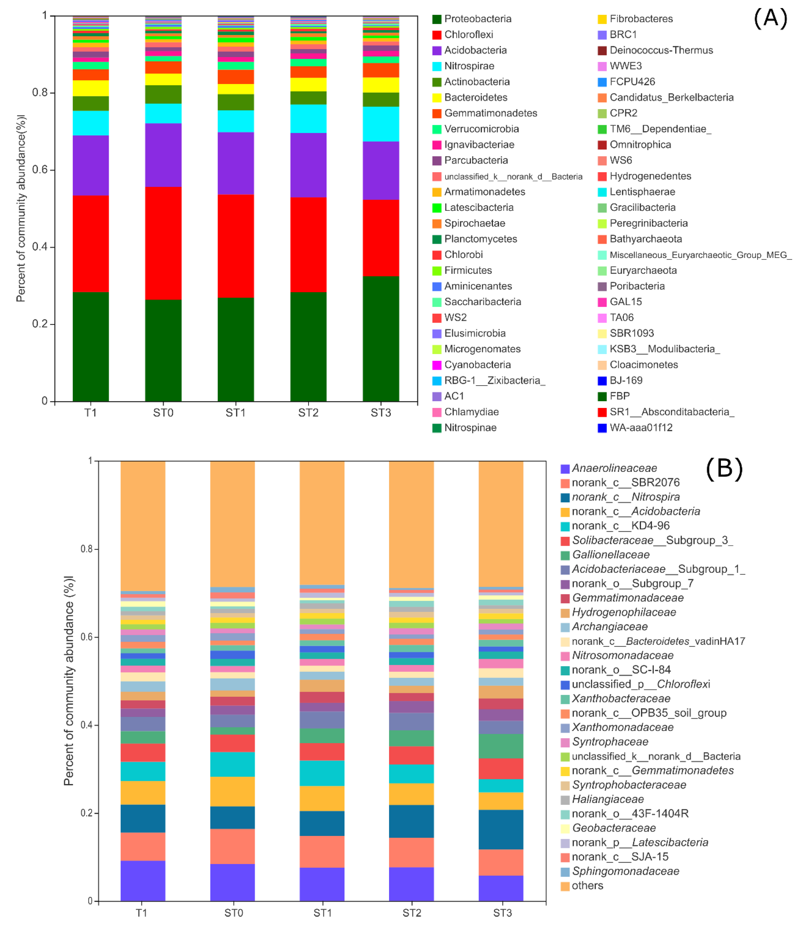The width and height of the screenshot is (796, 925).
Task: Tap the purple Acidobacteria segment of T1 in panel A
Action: [x=91, y=165]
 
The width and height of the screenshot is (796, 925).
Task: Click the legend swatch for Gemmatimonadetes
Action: [x=437, y=113]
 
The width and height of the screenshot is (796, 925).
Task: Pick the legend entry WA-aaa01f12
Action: [x=641, y=428]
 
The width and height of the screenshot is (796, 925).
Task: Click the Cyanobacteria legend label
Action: [x=477, y=365]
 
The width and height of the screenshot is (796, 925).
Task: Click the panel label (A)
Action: [x=770, y=19]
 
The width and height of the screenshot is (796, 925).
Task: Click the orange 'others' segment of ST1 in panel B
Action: [x=322, y=522]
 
